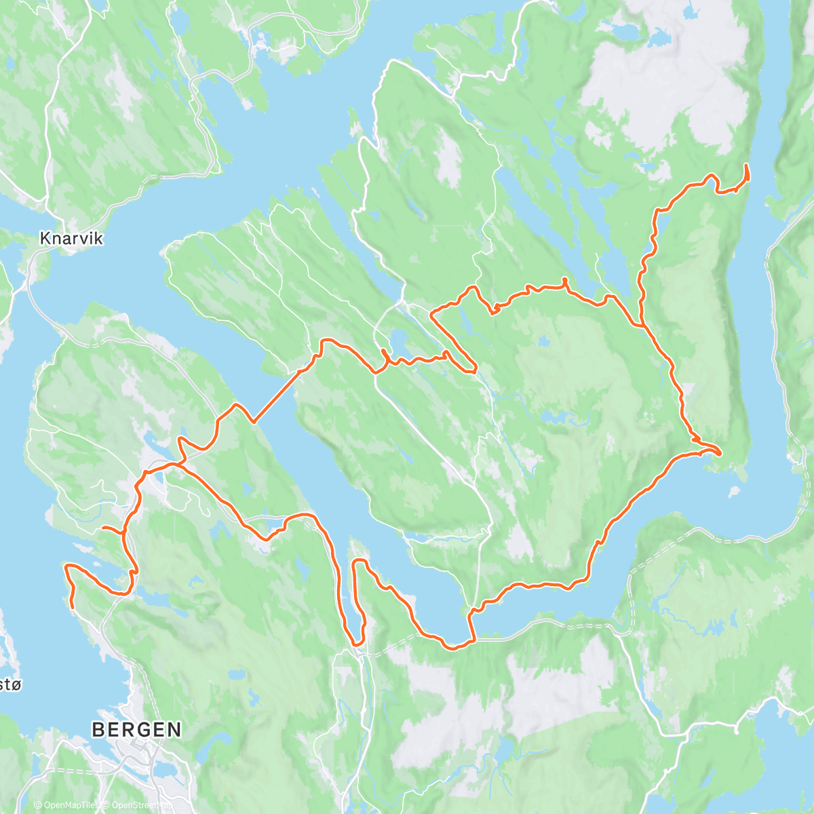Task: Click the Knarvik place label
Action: click(71, 238)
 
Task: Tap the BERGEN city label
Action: click(136, 729)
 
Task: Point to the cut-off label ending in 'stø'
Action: click(9, 684)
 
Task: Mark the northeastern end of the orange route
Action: click(747, 166)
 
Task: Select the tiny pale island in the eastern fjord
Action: click(733, 490)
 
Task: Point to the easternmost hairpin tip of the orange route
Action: click(720, 452)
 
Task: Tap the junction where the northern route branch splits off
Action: click(641, 324)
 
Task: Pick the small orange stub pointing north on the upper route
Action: click(564, 281)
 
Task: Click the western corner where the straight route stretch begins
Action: click(254, 421)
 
